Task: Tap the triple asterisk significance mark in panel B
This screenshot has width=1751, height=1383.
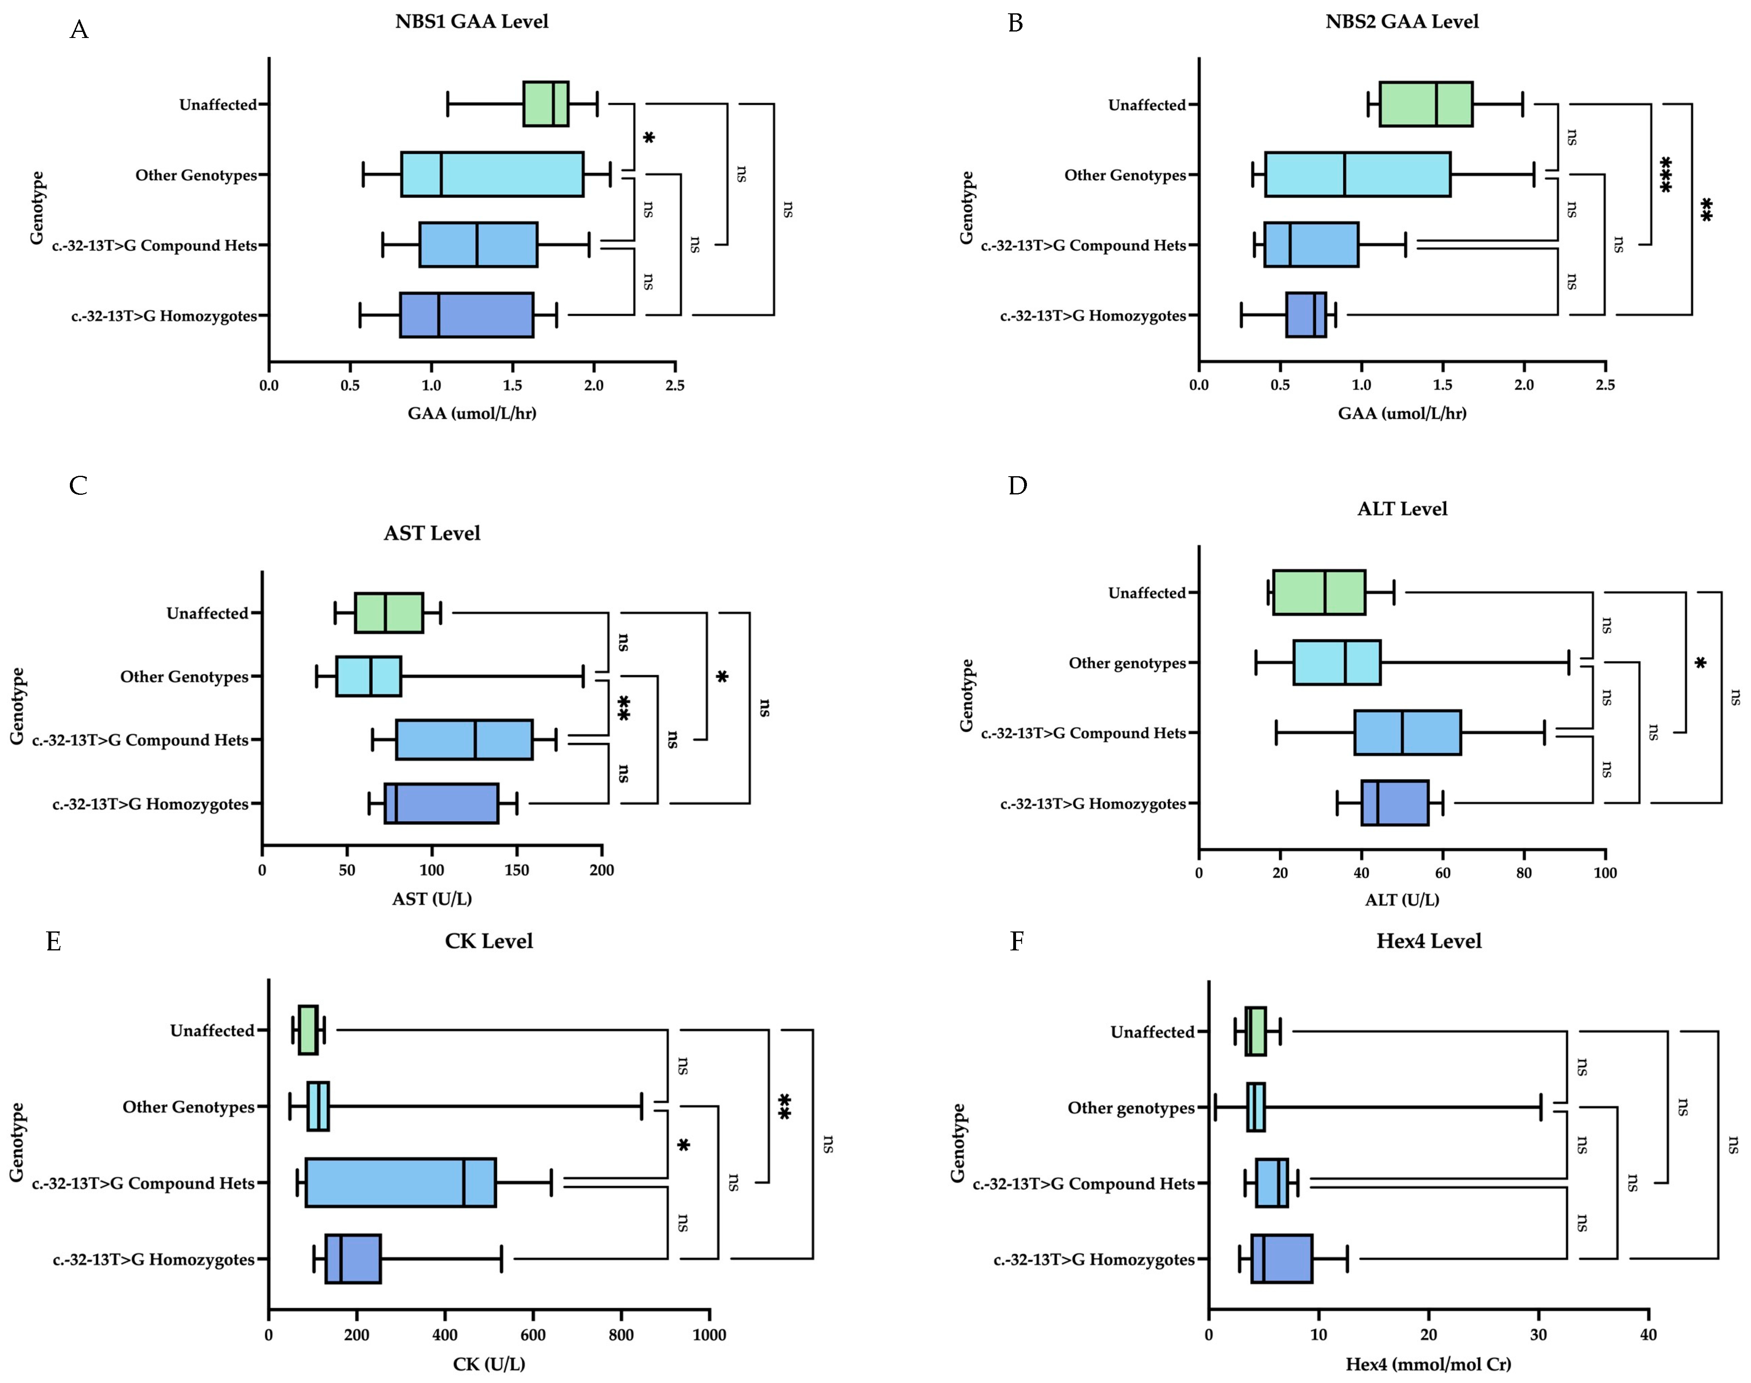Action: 1665,174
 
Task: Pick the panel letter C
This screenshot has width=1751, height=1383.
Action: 78,486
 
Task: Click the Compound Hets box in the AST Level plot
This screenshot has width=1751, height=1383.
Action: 464,739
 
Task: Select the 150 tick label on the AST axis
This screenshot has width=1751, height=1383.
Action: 516,870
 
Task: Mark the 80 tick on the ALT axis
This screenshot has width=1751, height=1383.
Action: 1524,873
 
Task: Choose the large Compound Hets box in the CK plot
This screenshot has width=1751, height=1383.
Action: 401,1183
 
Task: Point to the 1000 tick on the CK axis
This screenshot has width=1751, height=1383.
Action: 709,1335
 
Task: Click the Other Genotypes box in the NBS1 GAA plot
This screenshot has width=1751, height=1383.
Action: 492,174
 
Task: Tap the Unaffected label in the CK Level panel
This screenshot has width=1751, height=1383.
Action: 212,1031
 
